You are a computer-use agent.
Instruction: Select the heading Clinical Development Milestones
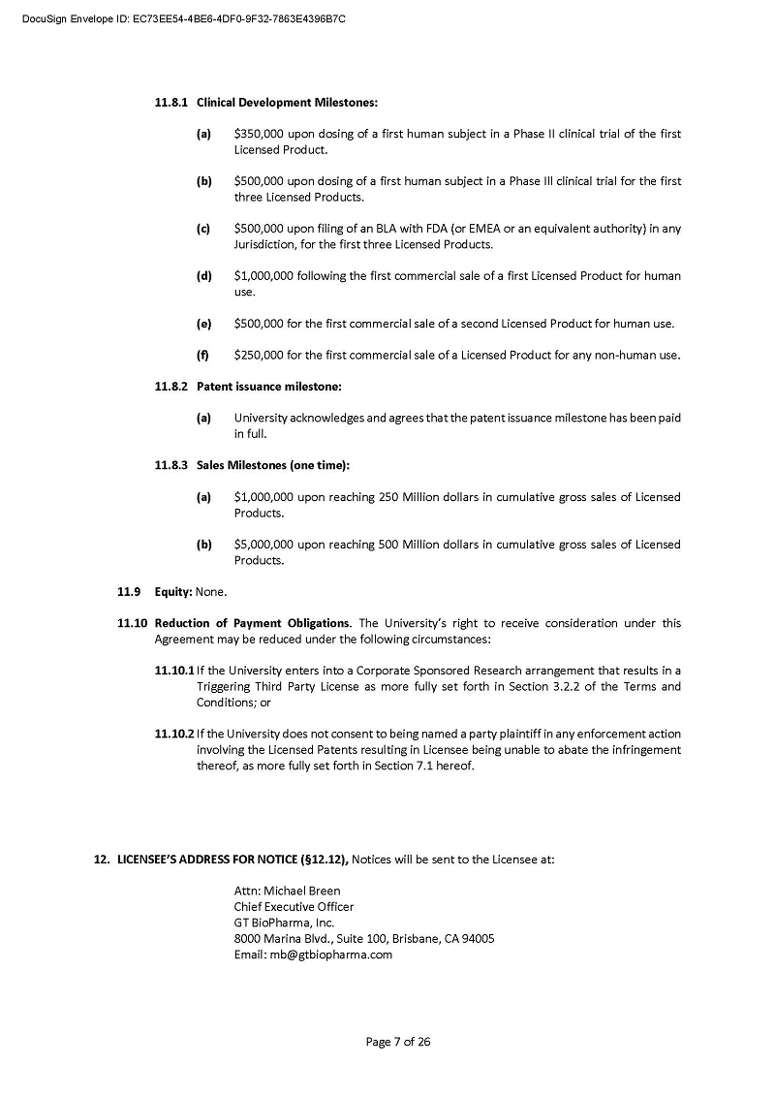[x=287, y=102]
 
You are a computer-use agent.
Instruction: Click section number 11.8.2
[x=172, y=387]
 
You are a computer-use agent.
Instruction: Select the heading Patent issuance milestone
[x=268, y=387]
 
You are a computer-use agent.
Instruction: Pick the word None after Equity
[x=210, y=591]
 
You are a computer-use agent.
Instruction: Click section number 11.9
[x=130, y=591]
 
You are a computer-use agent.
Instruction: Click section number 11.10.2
[x=174, y=734]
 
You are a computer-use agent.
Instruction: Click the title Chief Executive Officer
[x=294, y=906]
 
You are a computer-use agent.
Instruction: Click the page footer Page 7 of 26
[x=397, y=1042]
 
